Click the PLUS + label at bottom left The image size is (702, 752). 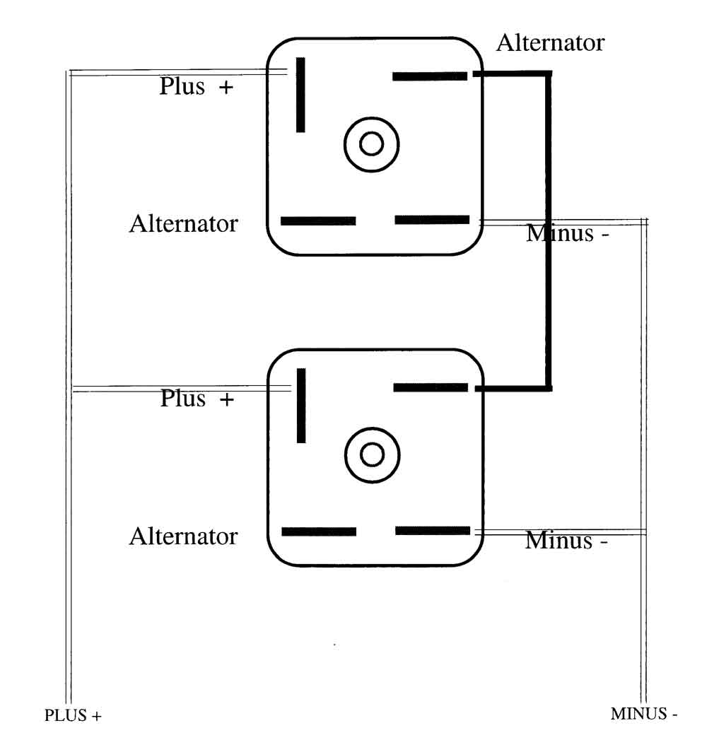pos(73,715)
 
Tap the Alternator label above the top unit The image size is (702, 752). pos(550,43)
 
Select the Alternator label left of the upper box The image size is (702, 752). pos(183,225)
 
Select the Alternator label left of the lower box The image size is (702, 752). pos(183,536)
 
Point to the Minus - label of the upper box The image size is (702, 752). pos(567,233)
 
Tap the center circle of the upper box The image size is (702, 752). pos(371,144)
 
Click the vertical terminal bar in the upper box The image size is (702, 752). pos(300,95)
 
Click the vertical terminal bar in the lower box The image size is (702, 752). pos(301,406)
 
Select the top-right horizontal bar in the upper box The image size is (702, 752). pos(430,76)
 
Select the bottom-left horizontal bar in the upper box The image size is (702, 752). pos(318,221)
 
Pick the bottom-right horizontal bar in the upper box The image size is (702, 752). pos(432,220)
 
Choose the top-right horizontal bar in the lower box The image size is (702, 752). pos(431,387)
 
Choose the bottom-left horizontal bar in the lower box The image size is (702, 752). pos(319,531)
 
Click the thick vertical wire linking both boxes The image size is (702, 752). pos(548,230)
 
